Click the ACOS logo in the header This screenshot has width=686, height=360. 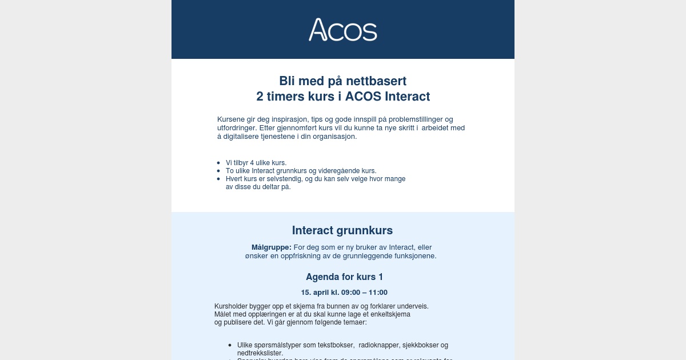(343, 30)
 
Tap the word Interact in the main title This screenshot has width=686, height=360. (407, 96)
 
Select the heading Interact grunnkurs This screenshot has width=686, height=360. (342, 230)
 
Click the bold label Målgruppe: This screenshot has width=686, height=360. (272, 247)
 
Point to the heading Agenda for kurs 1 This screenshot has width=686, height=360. (344, 277)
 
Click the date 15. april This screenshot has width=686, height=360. (314, 293)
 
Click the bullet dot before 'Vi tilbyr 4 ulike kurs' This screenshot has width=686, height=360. (218, 163)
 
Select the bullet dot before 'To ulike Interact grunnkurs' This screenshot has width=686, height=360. (218, 171)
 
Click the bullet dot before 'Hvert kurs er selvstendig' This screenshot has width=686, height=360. (218, 179)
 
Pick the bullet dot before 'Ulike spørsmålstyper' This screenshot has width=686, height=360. (230, 345)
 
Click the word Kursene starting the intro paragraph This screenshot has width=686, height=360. (231, 119)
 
